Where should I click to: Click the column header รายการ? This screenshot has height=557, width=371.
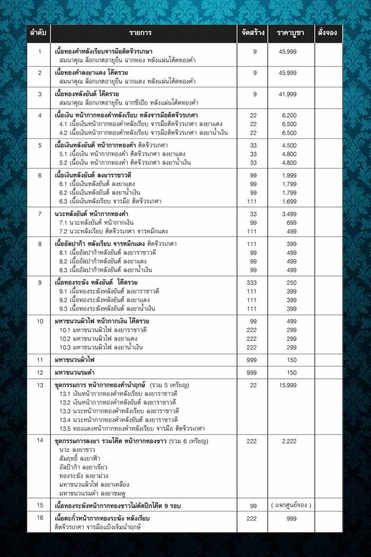click(143, 33)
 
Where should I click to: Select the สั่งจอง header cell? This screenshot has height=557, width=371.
click(328, 33)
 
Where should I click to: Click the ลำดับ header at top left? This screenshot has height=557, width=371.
click(39, 33)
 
